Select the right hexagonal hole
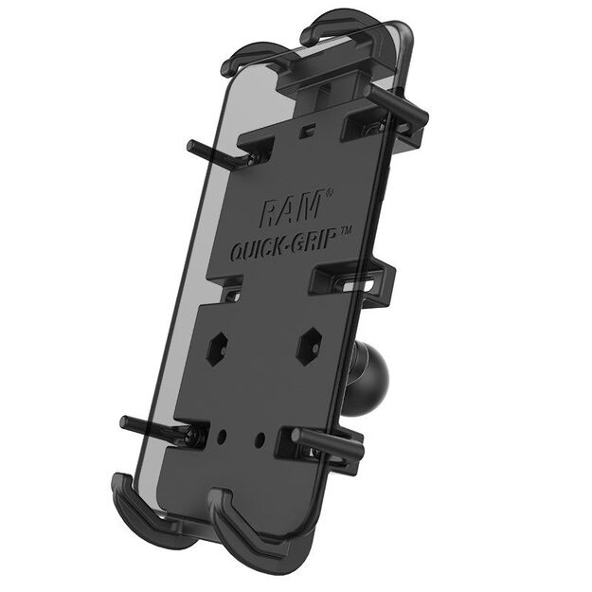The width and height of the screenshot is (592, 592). coord(308,348)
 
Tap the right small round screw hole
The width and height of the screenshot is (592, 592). coord(260,440)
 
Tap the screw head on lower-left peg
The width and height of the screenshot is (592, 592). coord(194,437)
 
